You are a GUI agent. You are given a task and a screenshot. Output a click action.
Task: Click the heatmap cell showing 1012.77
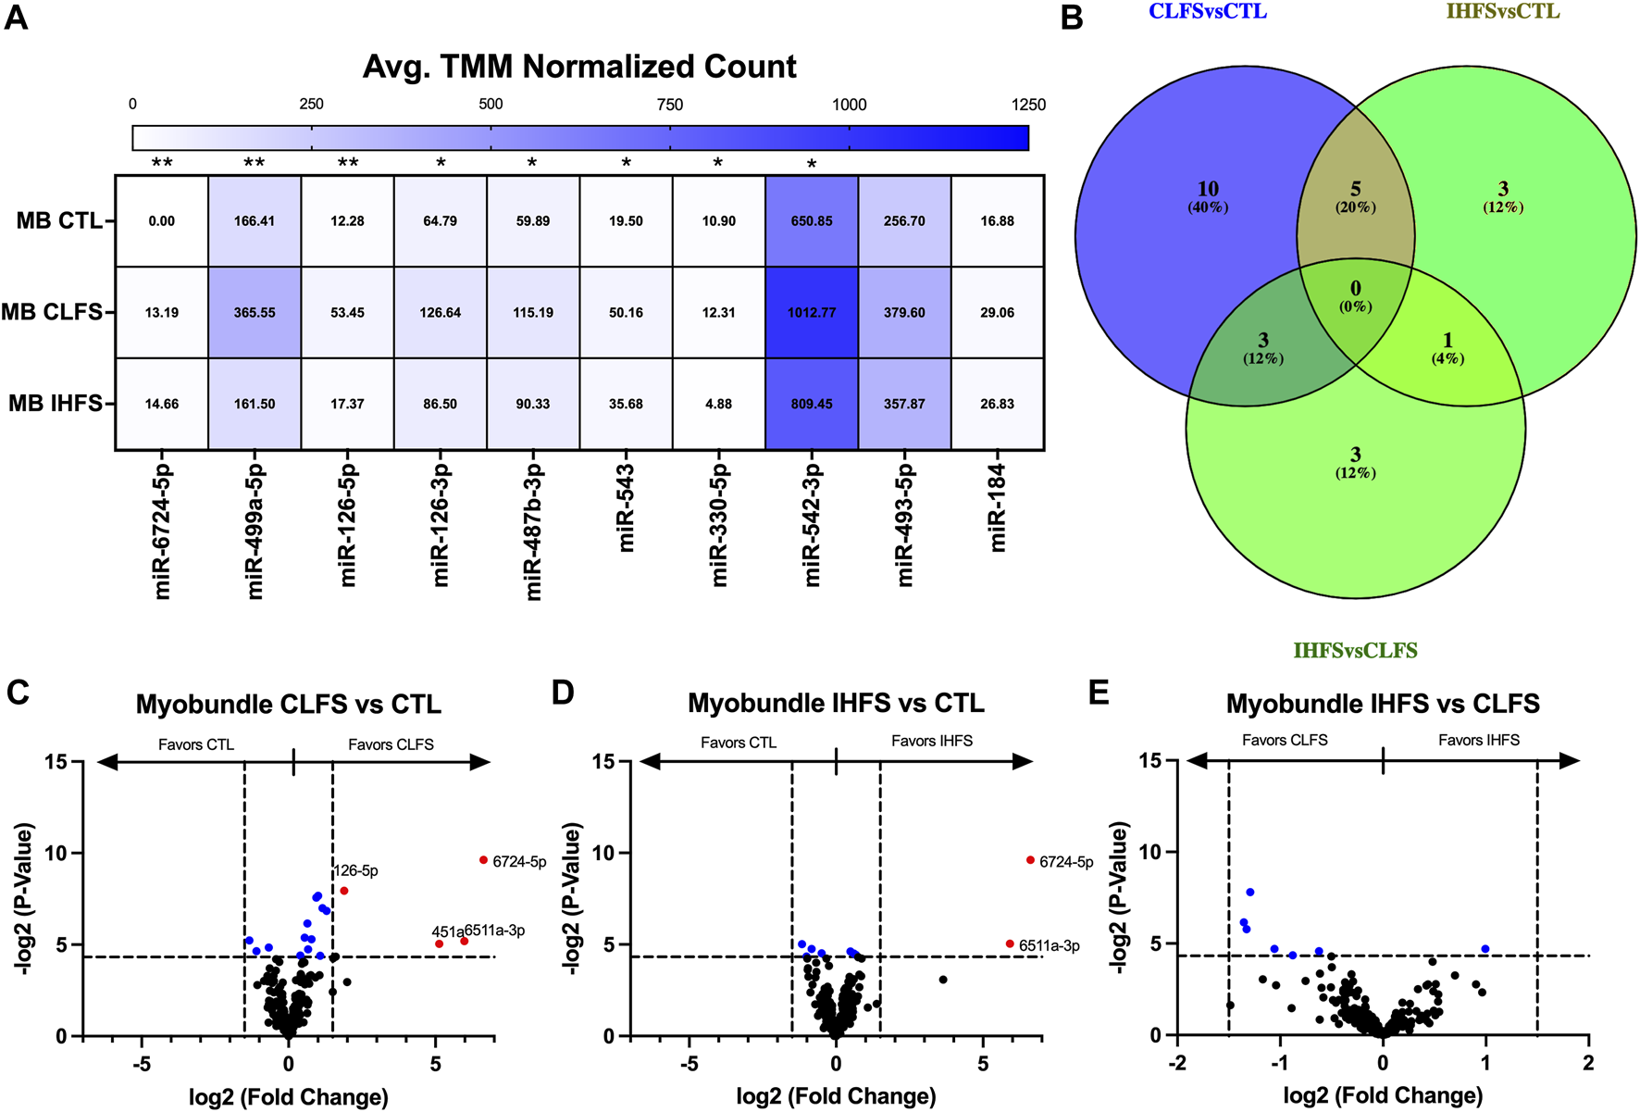tap(812, 313)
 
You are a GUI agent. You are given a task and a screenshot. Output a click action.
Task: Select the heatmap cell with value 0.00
tap(162, 221)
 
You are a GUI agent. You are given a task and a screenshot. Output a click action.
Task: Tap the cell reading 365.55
tap(255, 313)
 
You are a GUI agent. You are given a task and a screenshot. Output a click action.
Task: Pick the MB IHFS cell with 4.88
tap(719, 404)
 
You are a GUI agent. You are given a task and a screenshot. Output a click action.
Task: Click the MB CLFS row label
tap(52, 312)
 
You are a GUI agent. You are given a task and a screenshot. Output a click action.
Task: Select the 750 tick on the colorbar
tap(670, 105)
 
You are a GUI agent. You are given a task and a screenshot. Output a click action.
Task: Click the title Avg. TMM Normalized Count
tap(579, 67)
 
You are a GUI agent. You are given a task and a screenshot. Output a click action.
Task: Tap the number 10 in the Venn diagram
tap(1208, 190)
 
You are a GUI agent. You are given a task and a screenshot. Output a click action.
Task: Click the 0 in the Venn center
tap(1355, 289)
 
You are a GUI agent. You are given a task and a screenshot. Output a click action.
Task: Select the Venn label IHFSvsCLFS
tap(1355, 650)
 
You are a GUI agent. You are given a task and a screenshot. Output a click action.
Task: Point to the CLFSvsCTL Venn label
tap(1208, 12)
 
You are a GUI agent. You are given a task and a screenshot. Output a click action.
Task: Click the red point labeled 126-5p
tap(344, 891)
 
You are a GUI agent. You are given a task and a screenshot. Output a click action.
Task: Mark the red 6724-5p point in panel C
tap(483, 860)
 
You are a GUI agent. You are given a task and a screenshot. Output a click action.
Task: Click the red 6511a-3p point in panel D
tap(1010, 943)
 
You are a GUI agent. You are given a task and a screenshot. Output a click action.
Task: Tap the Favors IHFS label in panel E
tap(1478, 740)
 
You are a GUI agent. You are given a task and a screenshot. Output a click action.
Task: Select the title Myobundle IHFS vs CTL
tap(836, 704)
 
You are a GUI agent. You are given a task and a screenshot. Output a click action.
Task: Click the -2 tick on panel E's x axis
tap(1177, 1063)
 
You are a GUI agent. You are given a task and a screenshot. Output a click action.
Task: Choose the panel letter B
tap(1072, 18)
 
